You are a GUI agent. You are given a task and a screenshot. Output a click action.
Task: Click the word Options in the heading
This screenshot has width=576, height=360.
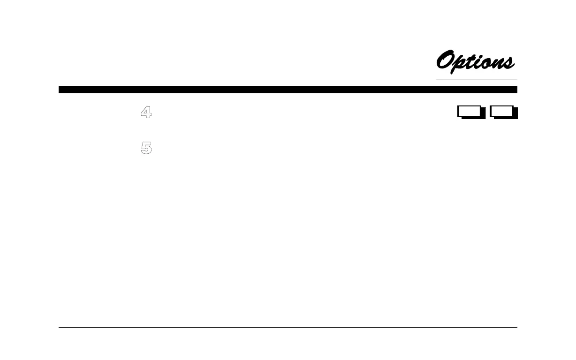point(475,62)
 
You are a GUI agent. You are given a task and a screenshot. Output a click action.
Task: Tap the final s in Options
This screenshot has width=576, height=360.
point(509,63)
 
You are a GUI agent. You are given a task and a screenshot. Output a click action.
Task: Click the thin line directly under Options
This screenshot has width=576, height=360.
point(476,80)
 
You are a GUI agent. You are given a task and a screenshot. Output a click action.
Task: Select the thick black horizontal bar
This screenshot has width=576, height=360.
point(288,90)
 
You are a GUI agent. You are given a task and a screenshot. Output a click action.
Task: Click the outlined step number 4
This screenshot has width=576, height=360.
point(146,113)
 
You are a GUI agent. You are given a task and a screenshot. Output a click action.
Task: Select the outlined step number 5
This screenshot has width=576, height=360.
point(146,148)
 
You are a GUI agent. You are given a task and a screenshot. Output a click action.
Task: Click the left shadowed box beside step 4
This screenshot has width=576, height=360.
point(470,112)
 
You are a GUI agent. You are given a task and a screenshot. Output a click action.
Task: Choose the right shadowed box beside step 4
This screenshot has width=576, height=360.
point(503,112)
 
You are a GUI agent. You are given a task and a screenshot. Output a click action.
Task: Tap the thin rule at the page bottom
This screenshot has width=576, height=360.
point(288,328)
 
